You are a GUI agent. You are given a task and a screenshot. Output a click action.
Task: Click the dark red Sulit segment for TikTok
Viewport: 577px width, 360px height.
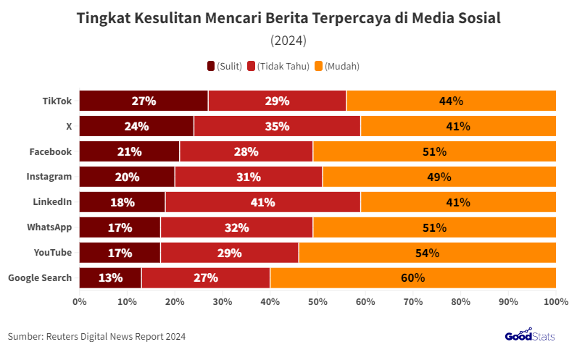[144, 101]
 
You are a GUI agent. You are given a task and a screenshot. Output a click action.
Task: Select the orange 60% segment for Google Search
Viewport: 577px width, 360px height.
[412, 277]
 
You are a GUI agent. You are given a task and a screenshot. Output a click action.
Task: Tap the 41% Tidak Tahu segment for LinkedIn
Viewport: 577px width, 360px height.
[262, 202]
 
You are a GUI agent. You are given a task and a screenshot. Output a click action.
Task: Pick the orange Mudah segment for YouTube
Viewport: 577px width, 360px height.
[427, 253]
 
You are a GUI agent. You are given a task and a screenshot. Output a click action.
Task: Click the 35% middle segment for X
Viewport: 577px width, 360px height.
[277, 126]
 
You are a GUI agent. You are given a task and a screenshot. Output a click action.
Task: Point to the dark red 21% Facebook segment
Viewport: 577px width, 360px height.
[129, 151]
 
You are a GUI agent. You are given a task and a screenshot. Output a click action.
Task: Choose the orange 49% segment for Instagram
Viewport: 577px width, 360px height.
[439, 177]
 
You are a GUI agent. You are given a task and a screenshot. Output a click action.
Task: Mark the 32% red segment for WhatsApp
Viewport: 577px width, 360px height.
[236, 227]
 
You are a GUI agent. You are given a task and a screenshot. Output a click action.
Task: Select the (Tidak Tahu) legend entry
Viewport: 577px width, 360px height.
[278, 66]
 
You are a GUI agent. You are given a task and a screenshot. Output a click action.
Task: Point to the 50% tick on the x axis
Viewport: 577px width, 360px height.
[317, 301]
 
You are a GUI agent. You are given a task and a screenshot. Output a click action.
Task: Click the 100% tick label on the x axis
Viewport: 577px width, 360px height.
[555, 301]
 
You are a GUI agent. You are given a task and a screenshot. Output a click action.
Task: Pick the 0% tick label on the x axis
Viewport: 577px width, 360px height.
[80, 301]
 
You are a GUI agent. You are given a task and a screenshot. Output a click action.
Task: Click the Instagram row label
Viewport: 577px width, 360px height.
[50, 177]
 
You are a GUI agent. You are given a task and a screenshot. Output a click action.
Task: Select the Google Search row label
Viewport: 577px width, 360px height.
[40, 277]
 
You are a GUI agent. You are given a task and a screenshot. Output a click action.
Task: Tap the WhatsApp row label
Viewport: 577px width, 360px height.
[49, 227]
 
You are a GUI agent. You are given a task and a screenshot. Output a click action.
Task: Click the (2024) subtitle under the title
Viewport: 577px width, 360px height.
[288, 39]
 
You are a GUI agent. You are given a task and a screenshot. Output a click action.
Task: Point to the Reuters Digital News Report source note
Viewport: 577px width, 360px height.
[96, 336]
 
